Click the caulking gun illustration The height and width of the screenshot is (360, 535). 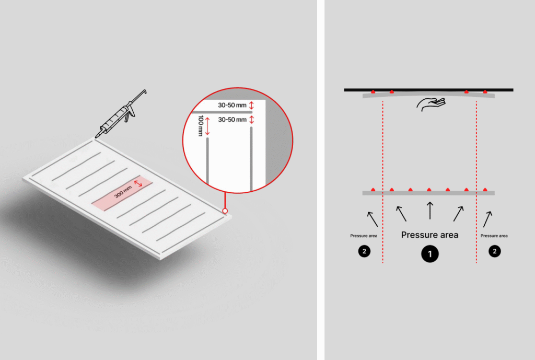pyautogui.click(x=121, y=114)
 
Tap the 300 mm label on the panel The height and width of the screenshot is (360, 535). pyautogui.click(x=123, y=192)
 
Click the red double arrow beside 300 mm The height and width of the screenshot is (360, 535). pyautogui.click(x=138, y=183)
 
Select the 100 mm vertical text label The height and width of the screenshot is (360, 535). pyautogui.click(x=201, y=125)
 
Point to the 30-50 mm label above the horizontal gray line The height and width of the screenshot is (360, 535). pyautogui.click(x=232, y=105)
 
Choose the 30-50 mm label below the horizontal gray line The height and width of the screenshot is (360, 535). pyautogui.click(x=232, y=120)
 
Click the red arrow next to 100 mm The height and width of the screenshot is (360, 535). pyautogui.click(x=207, y=126)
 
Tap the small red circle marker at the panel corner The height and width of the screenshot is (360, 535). pyautogui.click(x=225, y=211)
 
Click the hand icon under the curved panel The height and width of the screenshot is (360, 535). pyautogui.click(x=431, y=104)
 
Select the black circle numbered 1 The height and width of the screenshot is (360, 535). pyautogui.click(x=430, y=254)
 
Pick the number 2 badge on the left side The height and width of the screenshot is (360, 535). pyautogui.click(x=364, y=251)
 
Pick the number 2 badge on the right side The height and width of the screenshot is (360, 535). pyautogui.click(x=495, y=251)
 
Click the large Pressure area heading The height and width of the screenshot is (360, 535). pyautogui.click(x=429, y=235)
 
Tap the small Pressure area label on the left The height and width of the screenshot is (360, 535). pyautogui.click(x=364, y=236)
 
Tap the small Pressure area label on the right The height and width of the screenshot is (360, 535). pyautogui.click(x=494, y=236)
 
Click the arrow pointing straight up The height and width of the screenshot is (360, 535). pyautogui.click(x=430, y=211)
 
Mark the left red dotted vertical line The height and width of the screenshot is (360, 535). pyautogui.click(x=383, y=182)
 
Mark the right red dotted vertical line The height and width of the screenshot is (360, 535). pyautogui.click(x=476, y=182)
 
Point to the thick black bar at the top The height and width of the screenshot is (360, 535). pyautogui.click(x=428, y=90)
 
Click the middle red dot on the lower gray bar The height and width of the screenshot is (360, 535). pyautogui.click(x=429, y=189)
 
